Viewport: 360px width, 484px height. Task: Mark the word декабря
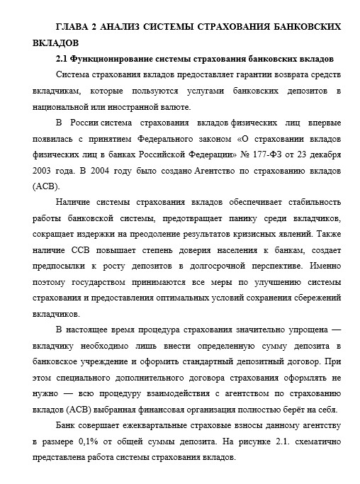[x=322, y=155]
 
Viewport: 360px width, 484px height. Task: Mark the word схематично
[x=314, y=441]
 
